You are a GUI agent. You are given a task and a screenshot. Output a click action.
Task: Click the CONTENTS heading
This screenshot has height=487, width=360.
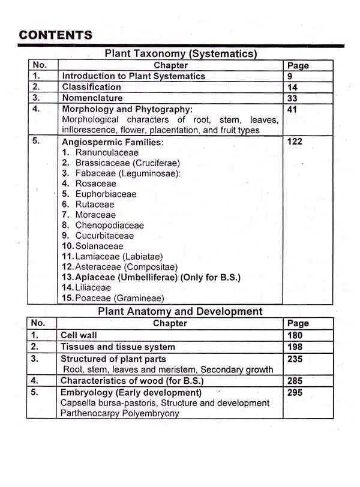pyautogui.click(x=55, y=35)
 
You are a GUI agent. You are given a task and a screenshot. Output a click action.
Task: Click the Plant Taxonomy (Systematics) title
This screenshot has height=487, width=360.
pyautogui.click(x=181, y=53)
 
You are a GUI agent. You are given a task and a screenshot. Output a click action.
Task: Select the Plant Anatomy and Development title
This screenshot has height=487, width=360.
pyautogui.click(x=180, y=311)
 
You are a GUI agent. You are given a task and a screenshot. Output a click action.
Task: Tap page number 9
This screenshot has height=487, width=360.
pyautogui.click(x=290, y=76)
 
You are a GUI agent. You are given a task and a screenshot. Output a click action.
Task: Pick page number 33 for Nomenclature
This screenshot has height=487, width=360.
pyautogui.click(x=293, y=98)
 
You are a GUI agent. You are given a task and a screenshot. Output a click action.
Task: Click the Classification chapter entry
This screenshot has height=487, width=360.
pyautogui.click(x=92, y=87)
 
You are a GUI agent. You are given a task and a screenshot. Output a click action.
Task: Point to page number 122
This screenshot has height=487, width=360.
pyautogui.click(x=295, y=142)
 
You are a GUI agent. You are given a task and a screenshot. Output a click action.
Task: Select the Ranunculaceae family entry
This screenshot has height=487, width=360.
pyautogui.click(x=107, y=152)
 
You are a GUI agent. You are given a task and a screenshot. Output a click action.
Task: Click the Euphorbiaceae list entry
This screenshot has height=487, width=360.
pyautogui.click(x=106, y=194)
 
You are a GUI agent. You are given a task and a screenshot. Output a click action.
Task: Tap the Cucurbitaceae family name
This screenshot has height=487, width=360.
pyautogui.click(x=104, y=236)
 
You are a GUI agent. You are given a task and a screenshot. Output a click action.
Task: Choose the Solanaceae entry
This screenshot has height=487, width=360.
pyautogui.click(x=99, y=246)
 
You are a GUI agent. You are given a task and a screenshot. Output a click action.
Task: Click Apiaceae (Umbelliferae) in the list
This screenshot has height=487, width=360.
pyautogui.click(x=118, y=277)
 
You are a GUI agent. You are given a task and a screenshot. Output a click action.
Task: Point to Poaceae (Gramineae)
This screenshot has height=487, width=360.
pyautogui.click(x=119, y=298)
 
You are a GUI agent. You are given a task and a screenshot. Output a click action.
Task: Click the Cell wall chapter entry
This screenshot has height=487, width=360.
pyautogui.click(x=79, y=335)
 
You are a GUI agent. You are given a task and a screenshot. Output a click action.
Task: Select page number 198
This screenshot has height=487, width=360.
pyautogui.click(x=295, y=347)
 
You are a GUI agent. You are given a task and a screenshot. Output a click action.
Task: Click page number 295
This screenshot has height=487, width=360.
pyautogui.click(x=295, y=393)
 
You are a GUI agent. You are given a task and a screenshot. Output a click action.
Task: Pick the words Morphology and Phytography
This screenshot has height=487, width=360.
pyautogui.click(x=127, y=109)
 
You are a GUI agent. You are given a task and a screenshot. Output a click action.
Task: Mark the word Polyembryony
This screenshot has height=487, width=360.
pyautogui.click(x=149, y=413)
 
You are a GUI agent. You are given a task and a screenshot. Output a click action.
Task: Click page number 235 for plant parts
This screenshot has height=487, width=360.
pyautogui.click(x=295, y=359)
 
